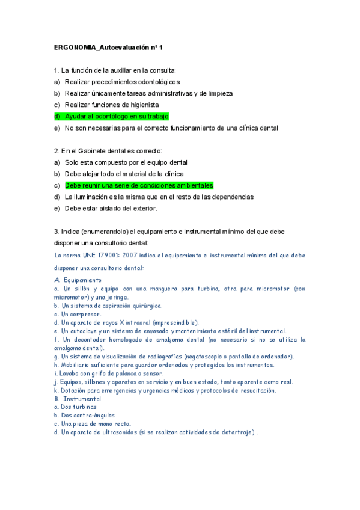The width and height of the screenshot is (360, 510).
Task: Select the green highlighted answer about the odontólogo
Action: pos(117,117)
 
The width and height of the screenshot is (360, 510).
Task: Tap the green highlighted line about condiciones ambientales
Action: pos(139,186)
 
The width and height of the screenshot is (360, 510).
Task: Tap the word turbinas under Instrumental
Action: pos(81,407)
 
